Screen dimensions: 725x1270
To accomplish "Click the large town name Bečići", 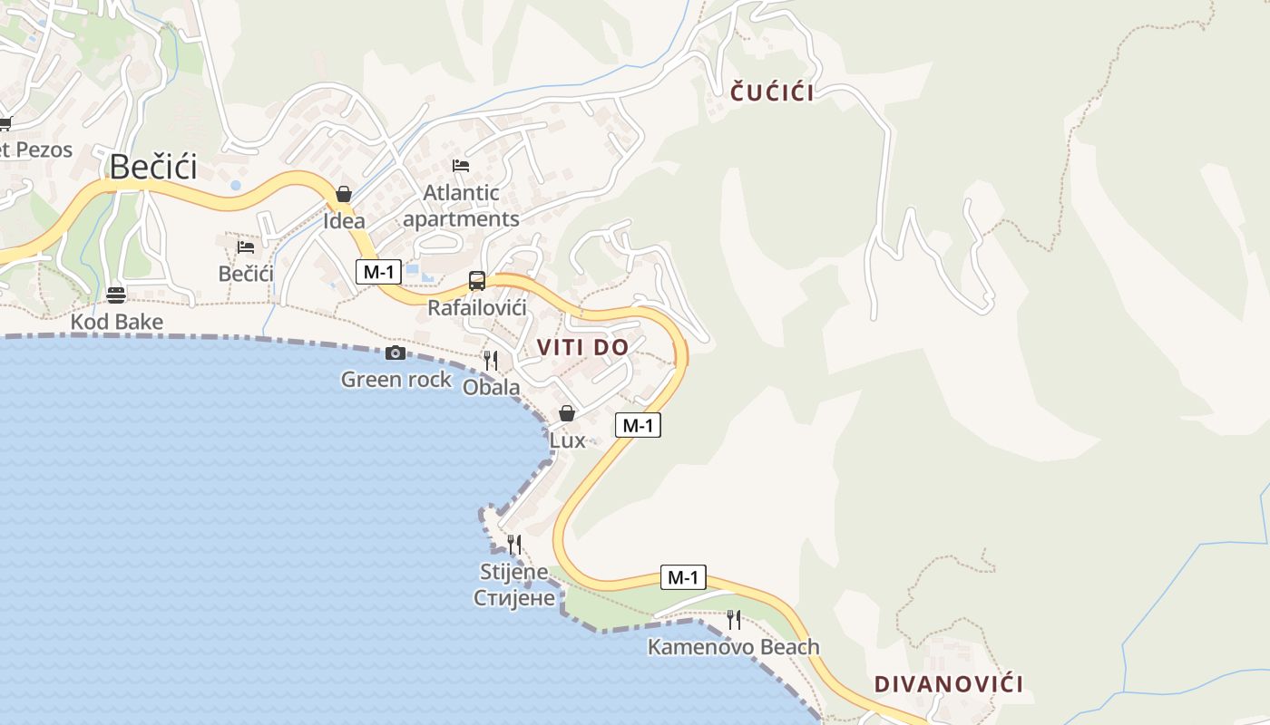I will [153, 167].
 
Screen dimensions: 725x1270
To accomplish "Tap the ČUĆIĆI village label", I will [772, 92].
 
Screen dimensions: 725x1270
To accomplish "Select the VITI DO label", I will [582, 347].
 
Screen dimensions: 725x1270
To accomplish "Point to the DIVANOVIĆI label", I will [948, 684].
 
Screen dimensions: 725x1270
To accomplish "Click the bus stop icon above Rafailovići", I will [476, 281].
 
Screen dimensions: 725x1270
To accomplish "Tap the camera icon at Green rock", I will [396, 353].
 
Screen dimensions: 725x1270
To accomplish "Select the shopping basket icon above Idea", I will [344, 194].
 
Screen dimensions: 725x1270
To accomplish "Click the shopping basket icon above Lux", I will [567, 413].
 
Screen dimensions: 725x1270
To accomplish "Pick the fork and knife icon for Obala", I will [491, 361].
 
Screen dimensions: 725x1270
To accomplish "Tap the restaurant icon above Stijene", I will [513, 545].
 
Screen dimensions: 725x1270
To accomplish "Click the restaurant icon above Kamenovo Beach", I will [733, 620].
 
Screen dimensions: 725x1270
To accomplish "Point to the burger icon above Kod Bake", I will [116, 295].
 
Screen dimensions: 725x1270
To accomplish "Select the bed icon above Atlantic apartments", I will [461, 166].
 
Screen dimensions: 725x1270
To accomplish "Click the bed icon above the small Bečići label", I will [246, 246].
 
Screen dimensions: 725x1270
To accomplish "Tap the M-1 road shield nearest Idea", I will [378, 272].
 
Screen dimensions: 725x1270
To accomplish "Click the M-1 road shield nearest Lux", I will [638, 425].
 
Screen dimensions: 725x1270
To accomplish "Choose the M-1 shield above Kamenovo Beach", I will [683, 577].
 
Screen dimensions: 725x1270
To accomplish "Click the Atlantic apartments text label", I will [461, 206].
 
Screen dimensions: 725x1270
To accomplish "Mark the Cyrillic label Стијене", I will [514, 597].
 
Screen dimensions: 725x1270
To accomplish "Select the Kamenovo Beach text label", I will [733, 647].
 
